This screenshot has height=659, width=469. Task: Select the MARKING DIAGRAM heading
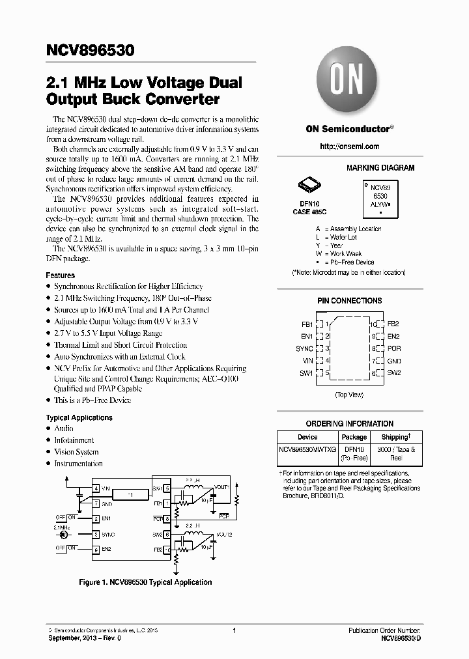(380, 168)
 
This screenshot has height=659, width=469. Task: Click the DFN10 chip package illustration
(309, 186)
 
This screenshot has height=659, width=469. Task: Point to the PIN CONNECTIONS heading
(349, 301)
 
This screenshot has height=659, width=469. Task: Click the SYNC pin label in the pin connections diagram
(305, 348)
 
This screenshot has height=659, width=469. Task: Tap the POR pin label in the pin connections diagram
(394, 348)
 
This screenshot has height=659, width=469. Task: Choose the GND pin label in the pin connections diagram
(394, 361)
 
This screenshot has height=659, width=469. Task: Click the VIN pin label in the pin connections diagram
(308, 361)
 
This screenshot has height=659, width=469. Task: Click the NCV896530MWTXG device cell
(307, 449)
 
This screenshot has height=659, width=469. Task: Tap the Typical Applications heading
(79, 417)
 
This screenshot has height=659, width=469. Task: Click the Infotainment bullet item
(74, 440)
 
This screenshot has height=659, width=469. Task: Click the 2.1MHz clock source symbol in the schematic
(64, 534)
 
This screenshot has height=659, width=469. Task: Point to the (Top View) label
(350, 395)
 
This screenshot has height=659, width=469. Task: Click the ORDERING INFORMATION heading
(349, 424)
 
